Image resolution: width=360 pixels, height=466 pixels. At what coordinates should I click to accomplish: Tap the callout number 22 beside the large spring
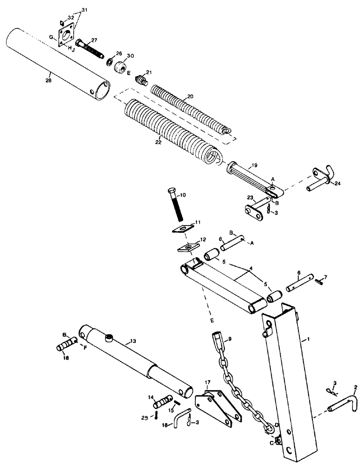pos(158,142)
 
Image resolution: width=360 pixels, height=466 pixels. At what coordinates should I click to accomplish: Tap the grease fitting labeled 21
pos(140,79)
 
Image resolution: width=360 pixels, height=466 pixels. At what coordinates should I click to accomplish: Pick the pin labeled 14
pos(162,401)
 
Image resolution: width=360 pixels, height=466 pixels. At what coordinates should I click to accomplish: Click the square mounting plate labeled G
pos(68,35)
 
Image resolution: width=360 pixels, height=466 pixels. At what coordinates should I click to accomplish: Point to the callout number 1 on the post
pos(308,342)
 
